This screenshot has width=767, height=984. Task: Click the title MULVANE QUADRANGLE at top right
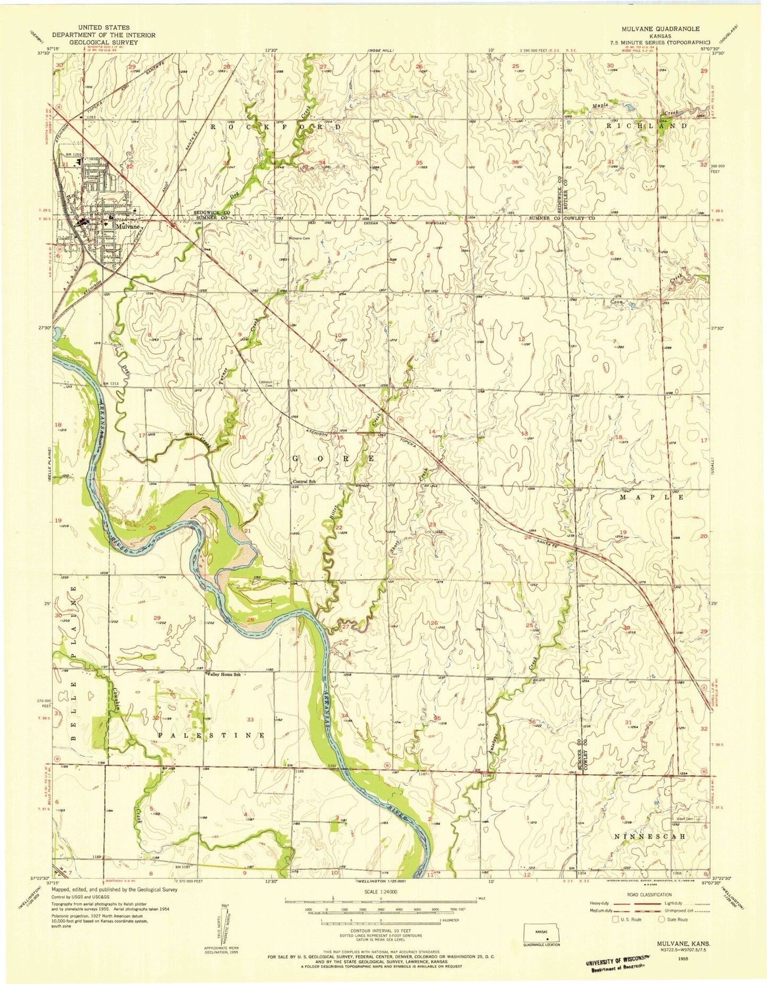click(x=664, y=29)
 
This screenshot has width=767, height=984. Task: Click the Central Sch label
click(x=304, y=481)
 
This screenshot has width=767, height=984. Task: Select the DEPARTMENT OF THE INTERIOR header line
click(x=104, y=35)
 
